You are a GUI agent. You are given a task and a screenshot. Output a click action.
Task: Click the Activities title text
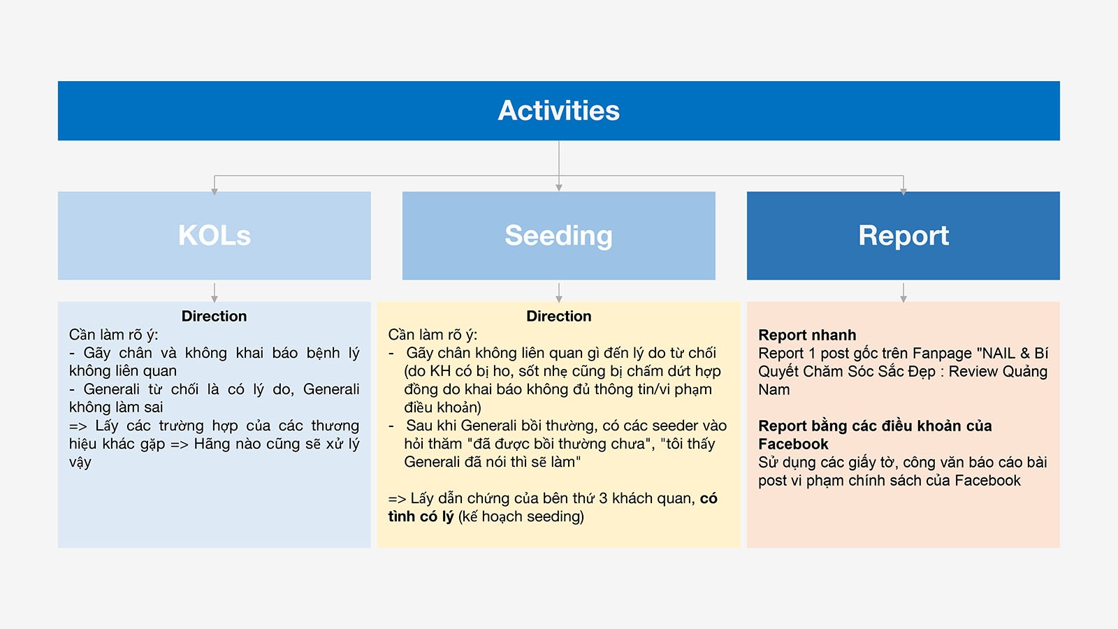[x=558, y=110]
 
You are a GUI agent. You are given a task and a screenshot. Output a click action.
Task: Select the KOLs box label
[x=214, y=235]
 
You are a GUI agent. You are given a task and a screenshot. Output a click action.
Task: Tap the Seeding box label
[x=558, y=236]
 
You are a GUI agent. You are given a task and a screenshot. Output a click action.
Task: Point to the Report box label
[x=903, y=236]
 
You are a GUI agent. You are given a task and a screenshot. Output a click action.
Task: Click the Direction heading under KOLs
[x=214, y=316]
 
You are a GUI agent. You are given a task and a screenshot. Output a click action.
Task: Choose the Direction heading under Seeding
[x=559, y=316]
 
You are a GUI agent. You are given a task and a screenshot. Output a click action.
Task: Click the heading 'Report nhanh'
[x=807, y=335]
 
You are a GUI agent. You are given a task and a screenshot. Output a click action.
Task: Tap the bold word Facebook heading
[x=793, y=444]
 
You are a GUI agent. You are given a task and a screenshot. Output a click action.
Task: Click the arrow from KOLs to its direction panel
[x=214, y=293]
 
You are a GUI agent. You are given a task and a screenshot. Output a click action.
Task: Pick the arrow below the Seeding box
[x=558, y=293]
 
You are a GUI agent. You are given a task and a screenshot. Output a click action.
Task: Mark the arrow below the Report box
[x=903, y=293]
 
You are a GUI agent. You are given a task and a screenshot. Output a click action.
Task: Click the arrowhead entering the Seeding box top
[x=558, y=188]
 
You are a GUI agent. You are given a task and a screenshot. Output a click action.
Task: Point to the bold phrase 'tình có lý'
[x=421, y=516]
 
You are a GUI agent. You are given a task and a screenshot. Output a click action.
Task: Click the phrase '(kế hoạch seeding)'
[x=521, y=516]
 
